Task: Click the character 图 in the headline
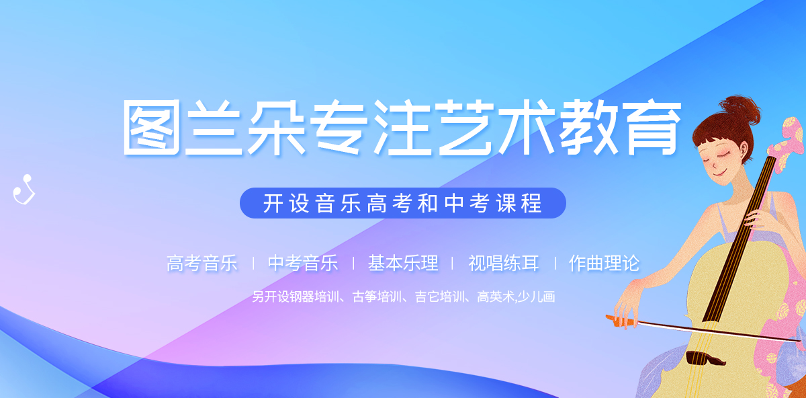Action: pyautogui.click(x=152, y=128)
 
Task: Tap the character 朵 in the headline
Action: pyautogui.click(x=277, y=128)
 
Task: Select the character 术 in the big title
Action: pyautogui.click(x=525, y=128)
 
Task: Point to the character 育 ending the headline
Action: pyautogui.click(x=652, y=128)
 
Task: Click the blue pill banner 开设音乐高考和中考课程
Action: pyautogui.click(x=402, y=203)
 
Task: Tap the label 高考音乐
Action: pyautogui.click(x=202, y=263)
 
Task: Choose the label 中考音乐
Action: pyautogui.click(x=303, y=263)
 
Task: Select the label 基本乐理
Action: pyautogui.click(x=403, y=263)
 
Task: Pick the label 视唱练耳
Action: pyautogui.click(x=503, y=263)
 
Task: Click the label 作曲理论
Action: pyautogui.click(x=604, y=263)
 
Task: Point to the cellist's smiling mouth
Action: pyautogui.click(x=719, y=173)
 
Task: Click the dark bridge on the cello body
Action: pyautogui.click(x=705, y=358)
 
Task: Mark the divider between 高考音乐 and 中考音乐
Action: pyautogui.click(x=254, y=264)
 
